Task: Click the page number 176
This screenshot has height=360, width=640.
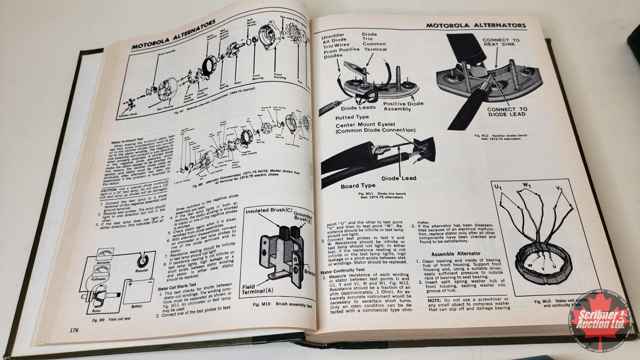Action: (x=74, y=330)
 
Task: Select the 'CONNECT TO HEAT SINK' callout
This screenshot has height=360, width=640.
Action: (x=501, y=42)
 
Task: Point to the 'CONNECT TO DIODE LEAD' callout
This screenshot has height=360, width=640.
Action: (x=507, y=111)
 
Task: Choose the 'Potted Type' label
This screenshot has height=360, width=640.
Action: (x=352, y=117)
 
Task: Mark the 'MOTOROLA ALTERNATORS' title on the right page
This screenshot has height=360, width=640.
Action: (x=476, y=26)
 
